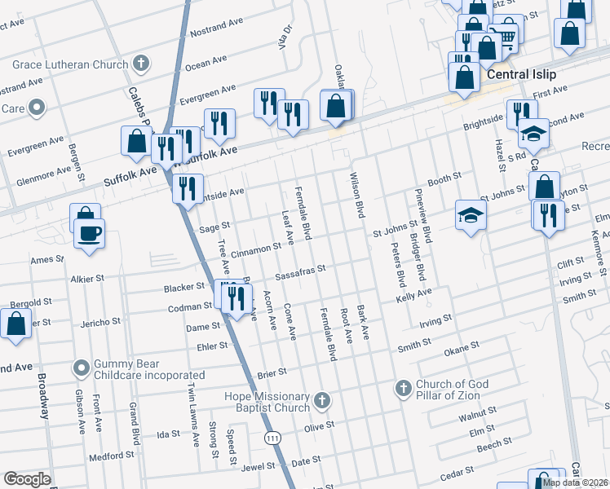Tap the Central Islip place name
pos(521,74)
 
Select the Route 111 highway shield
pos(269,438)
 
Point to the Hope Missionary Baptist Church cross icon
pos(323,401)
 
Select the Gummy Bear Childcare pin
pos(82,368)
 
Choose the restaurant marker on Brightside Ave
pos(188,189)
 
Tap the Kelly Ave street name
pos(413,295)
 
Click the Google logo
pos(27,480)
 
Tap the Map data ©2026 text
pos(573,482)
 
